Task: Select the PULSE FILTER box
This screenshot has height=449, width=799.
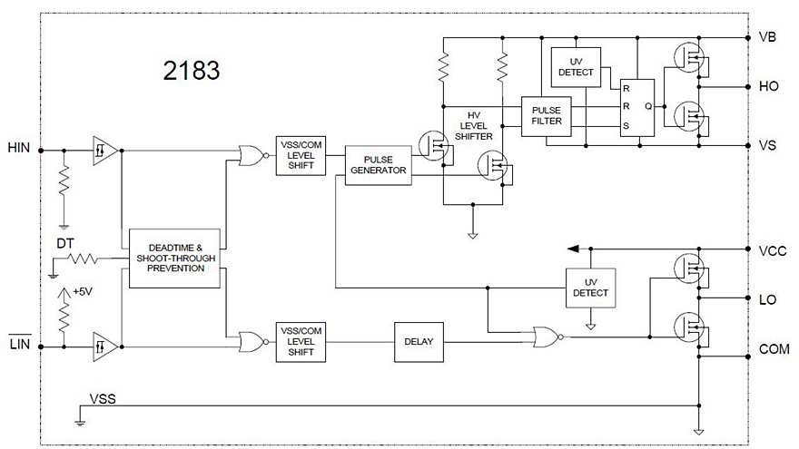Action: click(x=547, y=115)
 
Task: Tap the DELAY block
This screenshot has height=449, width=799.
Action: click(x=419, y=342)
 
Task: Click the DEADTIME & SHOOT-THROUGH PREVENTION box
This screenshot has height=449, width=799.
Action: click(x=174, y=258)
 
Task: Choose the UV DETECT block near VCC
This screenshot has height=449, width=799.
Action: click(x=590, y=288)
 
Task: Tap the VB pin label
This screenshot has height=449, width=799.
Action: click(x=767, y=38)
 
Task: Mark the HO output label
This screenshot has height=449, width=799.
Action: click(x=767, y=87)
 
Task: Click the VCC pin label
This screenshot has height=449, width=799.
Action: click(x=771, y=249)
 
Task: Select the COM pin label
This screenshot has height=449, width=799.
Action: click(x=772, y=348)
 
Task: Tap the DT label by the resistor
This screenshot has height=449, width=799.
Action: click(x=65, y=244)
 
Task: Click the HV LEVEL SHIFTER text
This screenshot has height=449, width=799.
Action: click(x=473, y=125)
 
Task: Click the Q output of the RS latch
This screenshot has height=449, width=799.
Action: click(x=646, y=105)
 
